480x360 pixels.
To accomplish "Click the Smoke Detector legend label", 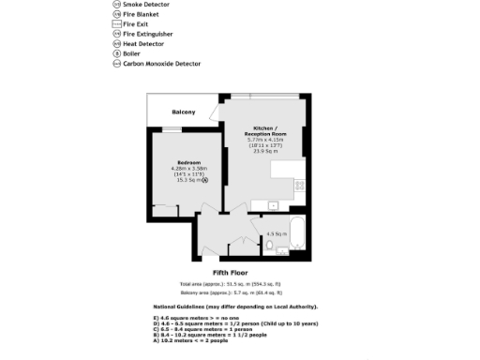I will (153, 5).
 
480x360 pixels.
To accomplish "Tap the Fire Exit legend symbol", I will (116, 24).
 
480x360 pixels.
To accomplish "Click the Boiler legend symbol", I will (116, 53).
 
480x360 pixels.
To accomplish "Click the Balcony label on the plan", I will (183, 112).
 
